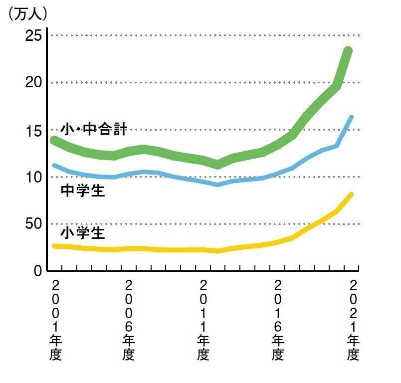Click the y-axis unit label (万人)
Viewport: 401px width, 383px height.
[28, 14]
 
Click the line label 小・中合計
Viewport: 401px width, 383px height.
[94, 130]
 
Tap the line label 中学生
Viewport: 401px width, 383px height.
[83, 191]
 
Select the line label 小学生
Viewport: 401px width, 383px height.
[83, 232]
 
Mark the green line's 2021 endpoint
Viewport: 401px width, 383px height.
[348, 51]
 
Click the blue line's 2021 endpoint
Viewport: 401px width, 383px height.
[351, 117]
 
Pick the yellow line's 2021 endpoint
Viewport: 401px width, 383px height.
[351, 194]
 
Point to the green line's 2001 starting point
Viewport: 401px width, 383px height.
[54, 140]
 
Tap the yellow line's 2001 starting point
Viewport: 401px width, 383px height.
[54, 246]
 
